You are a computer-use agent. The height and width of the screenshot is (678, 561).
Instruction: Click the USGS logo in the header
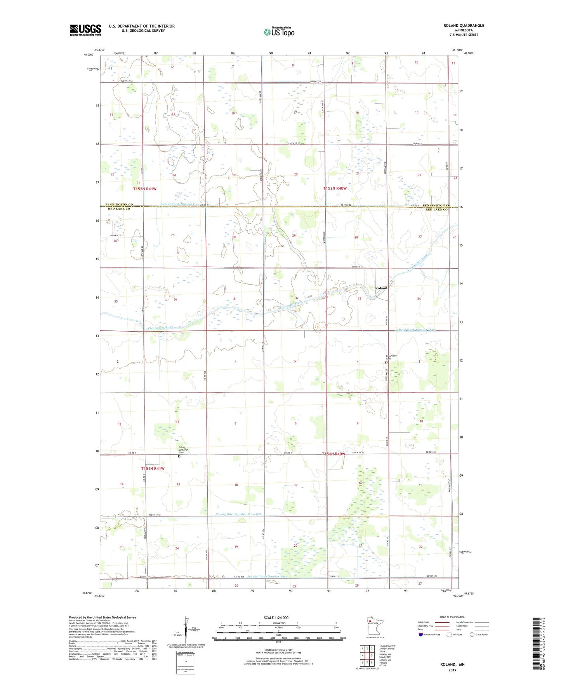point(85,30)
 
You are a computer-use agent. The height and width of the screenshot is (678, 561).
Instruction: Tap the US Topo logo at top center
point(279,32)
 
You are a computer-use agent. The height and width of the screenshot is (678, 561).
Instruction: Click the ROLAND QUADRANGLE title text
point(464,26)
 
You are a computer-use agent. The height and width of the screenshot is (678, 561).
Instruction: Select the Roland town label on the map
point(381,288)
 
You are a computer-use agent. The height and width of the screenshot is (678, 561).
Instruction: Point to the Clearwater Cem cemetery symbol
point(386,362)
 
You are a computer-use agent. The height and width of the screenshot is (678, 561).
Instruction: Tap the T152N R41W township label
point(144,189)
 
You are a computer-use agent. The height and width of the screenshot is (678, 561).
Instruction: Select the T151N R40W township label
point(333,454)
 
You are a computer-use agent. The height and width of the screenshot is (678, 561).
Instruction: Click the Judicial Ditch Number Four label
point(267,576)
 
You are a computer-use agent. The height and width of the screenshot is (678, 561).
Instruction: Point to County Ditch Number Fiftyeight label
point(238,514)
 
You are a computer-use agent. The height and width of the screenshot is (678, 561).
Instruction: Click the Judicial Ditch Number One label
point(179,204)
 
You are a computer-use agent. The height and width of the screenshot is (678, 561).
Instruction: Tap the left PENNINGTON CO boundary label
point(119,205)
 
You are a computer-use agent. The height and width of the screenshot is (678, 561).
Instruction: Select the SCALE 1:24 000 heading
point(276,617)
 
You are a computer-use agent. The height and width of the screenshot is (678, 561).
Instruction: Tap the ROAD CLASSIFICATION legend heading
point(452,617)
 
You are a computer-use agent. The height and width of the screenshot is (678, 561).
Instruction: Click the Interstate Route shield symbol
point(421,635)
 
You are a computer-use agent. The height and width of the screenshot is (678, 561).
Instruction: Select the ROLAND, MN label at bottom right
point(452,664)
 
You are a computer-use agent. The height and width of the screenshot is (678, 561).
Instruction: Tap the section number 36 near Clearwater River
point(175,299)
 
